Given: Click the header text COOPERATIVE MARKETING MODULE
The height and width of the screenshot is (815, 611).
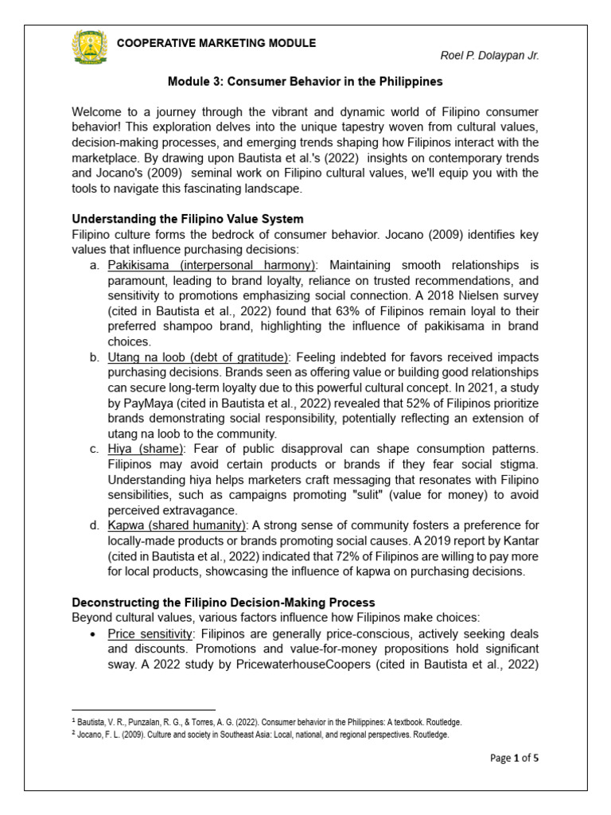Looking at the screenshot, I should pos(216,43).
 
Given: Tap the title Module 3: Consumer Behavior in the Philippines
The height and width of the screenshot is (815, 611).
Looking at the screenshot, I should pos(305,81).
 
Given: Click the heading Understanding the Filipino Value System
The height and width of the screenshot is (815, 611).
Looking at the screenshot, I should pos(188,219).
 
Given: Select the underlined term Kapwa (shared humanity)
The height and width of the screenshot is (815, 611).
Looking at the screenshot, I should pos(177,525).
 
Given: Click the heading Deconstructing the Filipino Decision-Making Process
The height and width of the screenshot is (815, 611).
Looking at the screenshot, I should pos(224,602).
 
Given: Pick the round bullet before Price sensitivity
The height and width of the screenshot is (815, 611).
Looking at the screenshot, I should pos(95,634).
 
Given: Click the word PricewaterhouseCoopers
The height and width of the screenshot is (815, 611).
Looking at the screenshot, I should pos(302,664).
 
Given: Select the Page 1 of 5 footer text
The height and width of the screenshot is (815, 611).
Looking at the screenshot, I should pos(514,758).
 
